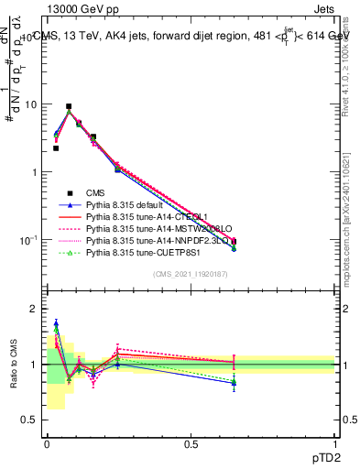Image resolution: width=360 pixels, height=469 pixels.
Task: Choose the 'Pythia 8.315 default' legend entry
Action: coord(137,205)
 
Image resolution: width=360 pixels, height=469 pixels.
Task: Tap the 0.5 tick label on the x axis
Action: coord(191,444)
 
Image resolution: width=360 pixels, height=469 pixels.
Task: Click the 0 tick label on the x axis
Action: coord(47,444)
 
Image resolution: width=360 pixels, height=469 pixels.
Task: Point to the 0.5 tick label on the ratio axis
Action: coord(30,420)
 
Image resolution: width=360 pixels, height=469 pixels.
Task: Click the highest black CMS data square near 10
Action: coord(69,106)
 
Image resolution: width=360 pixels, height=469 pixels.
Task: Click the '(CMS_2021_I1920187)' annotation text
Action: coord(191,275)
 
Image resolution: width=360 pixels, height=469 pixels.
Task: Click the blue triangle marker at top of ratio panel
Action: coord(56,323)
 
